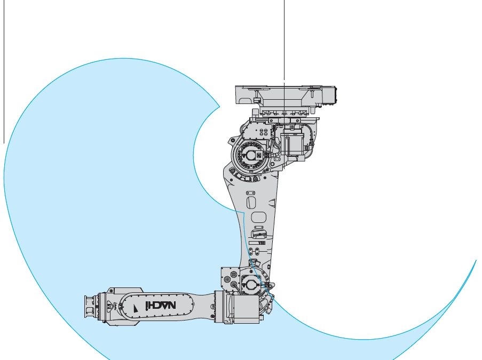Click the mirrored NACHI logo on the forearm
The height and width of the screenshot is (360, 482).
click(161, 305)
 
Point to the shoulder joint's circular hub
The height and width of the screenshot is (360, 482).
click(250, 156)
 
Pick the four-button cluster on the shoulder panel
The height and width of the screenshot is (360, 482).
click(264, 132)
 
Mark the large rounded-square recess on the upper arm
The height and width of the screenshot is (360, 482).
click(258, 217)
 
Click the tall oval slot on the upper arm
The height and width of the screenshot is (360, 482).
click(251, 203)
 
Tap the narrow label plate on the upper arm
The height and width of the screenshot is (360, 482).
click(257, 243)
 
